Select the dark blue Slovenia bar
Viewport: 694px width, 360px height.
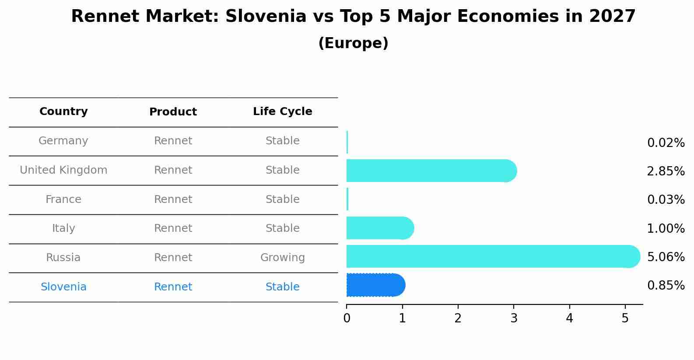pos(375,285)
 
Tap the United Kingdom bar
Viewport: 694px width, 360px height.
pos(431,171)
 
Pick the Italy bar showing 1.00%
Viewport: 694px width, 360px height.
pos(379,228)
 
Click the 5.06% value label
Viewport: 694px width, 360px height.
pos(666,257)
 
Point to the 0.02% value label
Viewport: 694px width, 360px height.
pos(666,143)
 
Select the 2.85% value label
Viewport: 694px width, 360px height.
pos(666,171)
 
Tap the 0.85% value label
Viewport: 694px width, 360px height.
pos(666,286)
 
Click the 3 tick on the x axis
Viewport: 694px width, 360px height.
pos(514,318)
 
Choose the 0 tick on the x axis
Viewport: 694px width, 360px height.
pos(347,318)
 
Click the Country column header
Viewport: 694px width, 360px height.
pos(63,112)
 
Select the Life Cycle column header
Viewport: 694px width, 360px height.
pos(282,112)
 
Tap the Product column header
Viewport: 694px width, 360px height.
pos(173,112)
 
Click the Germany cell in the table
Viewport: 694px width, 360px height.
pos(63,141)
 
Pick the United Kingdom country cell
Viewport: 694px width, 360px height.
pos(63,170)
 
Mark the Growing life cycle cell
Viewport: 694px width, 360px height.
pos(282,258)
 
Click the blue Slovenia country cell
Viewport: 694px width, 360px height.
pos(63,287)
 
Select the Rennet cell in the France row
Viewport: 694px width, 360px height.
pos(173,199)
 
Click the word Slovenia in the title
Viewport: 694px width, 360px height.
pos(266,17)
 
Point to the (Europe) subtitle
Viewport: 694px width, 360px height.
pos(353,43)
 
